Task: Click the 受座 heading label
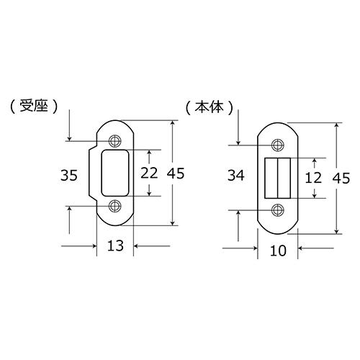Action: click(34, 106)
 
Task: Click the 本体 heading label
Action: click(210, 107)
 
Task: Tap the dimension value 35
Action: click(69, 175)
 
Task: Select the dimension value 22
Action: click(149, 173)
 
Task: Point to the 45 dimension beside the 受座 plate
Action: click(176, 174)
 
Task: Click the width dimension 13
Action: click(115, 246)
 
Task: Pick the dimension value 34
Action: click(236, 175)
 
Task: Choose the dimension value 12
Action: click(313, 178)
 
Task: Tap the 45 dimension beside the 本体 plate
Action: click(341, 179)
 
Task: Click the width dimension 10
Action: click(278, 251)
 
